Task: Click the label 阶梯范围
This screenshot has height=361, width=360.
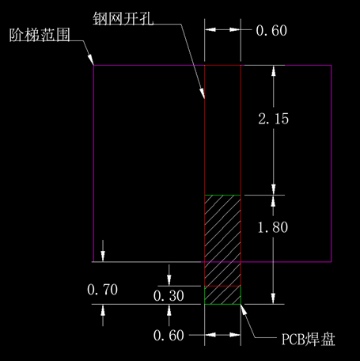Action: click(x=40, y=35)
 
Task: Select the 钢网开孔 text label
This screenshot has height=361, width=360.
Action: click(x=123, y=19)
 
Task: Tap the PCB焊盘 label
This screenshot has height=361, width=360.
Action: click(x=309, y=339)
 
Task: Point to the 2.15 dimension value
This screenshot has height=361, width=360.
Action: click(x=274, y=119)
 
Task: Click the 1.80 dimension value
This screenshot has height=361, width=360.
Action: click(x=273, y=227)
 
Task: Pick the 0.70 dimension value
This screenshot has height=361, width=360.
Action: click(x=102, y=290)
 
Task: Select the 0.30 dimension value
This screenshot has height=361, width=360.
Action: click(x=169, y=296)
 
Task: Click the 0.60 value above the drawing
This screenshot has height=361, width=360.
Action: click(x=271, y=30)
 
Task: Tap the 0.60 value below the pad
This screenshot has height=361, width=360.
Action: click(x=169, y=336)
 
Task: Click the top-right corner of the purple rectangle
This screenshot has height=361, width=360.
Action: click(x=332, y=65)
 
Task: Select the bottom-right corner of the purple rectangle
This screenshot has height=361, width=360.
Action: click(x=332, y=262)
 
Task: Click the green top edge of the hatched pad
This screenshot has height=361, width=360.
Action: click(x=222, y=196)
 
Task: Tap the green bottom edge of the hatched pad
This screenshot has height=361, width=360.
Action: click(x=222, y=304)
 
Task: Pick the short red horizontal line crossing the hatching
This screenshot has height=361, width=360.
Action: click(x=222, y=286)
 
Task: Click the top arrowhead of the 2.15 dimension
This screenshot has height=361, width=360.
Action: click(x=274, y=70)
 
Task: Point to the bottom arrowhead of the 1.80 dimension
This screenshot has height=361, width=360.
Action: click(x=273, y=298)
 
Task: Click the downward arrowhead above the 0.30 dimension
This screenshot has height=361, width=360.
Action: click(x=169, y=280)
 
